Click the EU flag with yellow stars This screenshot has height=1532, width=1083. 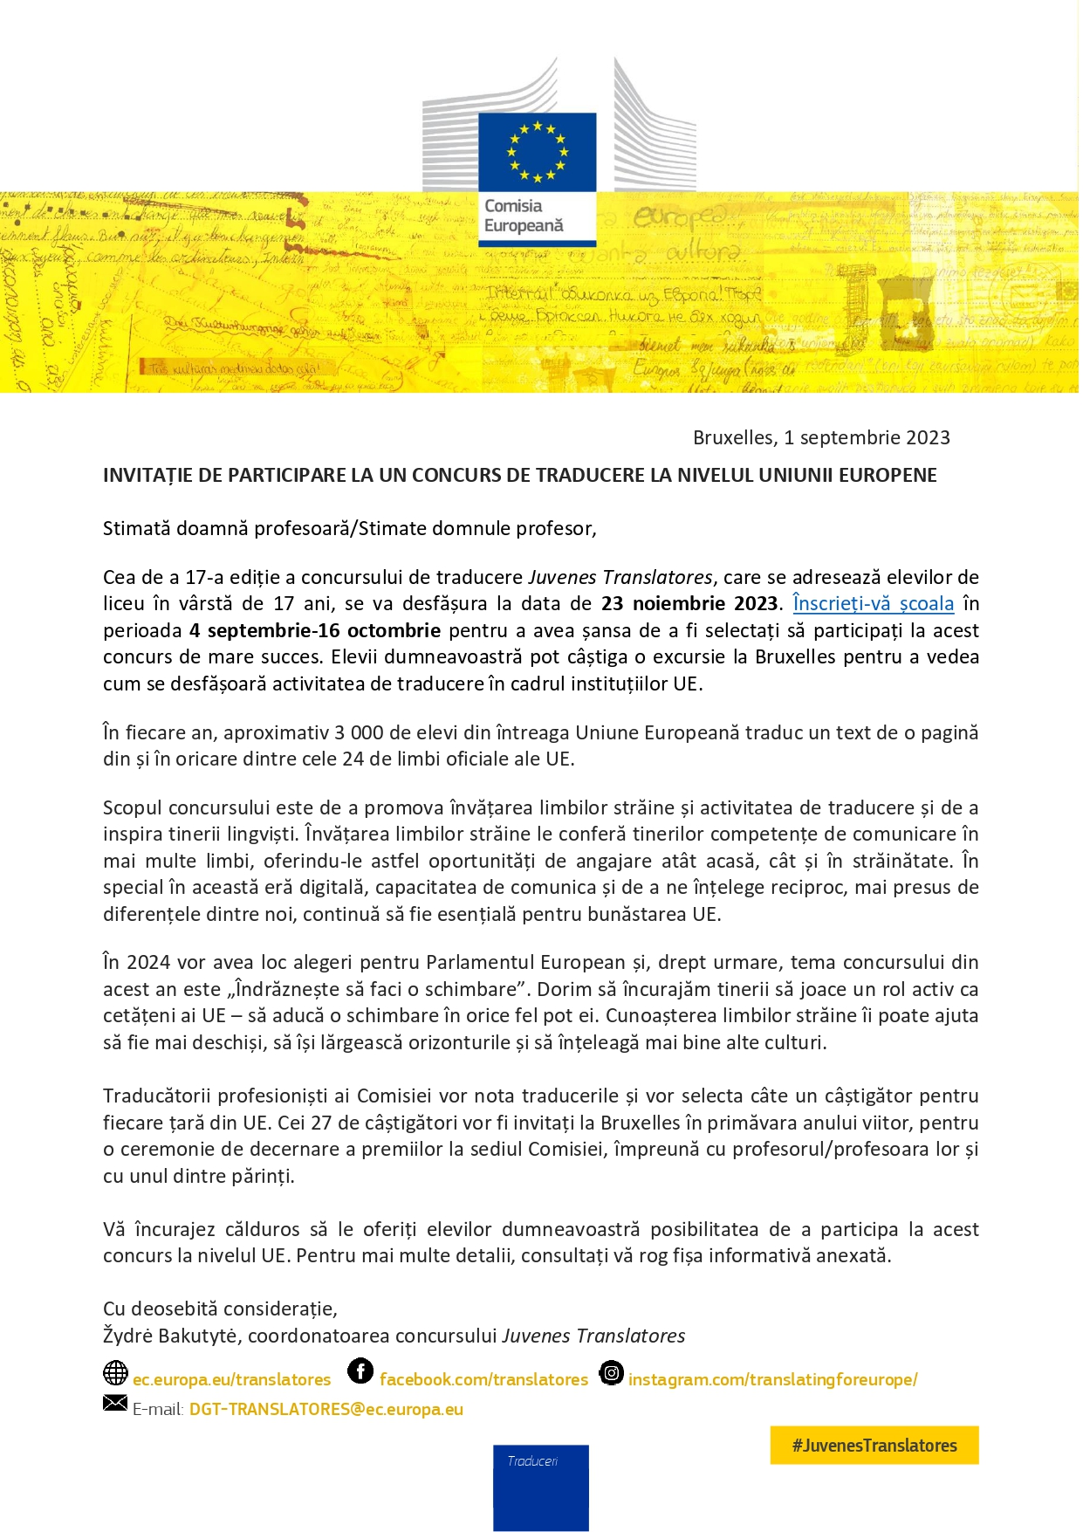click(x=537, y=152)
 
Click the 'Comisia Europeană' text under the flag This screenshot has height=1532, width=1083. click(x=524, y=216)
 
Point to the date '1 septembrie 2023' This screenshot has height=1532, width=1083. click(x=867, y=437)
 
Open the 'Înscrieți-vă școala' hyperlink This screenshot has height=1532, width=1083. click(x=873, y=603)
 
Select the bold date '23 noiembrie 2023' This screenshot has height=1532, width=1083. click(x=689, y=603)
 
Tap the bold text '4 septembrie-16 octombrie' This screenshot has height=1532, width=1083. click(x=315, y=630)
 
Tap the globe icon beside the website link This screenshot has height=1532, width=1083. click(x=115, y=1373)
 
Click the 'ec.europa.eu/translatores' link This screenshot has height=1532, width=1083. click(x=232, y=1380)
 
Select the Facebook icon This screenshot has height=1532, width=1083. click(x=360, y=1371)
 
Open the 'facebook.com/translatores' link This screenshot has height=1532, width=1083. click(x=483, y=1380)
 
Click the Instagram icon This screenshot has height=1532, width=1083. click(x=612, y=1373)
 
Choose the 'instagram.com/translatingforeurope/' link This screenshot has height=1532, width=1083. click(x=772, y=1380)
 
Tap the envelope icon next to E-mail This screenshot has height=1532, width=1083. click(x=115, y=1403)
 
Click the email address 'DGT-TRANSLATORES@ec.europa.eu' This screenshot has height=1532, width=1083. click(x=326, y=1409)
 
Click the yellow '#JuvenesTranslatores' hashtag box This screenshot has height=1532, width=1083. click(x=874, y=1446)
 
